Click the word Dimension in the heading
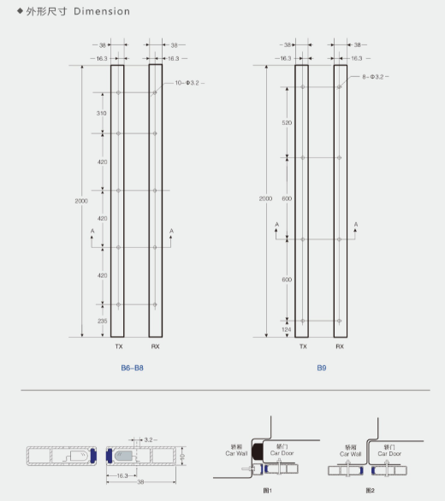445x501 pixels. [102, 12]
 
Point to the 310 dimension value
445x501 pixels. [102, 113]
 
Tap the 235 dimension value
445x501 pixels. [102, 320]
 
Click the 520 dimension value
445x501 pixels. [287, 123]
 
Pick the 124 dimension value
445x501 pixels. [287, 329]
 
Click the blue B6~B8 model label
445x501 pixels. [132, 368]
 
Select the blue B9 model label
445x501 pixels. [322, 368]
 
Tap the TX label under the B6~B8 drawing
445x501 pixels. [118, 347]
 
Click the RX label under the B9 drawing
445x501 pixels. [340, 347]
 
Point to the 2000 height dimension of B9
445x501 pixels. [265, 198]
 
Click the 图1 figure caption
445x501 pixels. [266, 490]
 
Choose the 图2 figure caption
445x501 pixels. [371, 490]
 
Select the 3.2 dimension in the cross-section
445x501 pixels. [150, 439]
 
